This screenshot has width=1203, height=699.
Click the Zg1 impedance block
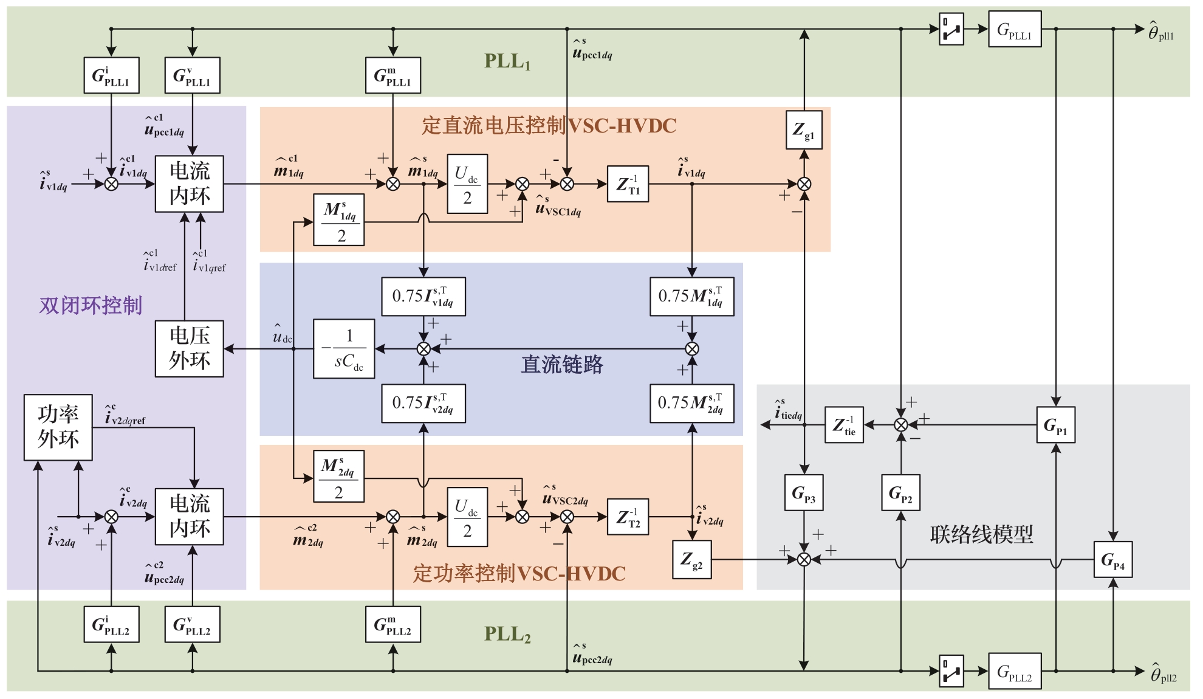coord(804,129)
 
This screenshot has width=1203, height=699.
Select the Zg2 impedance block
coord(692,559)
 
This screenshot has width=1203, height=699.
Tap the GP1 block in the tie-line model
coord(1055,425)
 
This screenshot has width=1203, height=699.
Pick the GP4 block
coord(1113,559)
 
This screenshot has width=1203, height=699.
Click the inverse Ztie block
coord(844,425)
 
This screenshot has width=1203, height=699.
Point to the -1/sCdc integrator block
coord(344,349)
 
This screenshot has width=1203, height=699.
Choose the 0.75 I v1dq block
coord(423,297)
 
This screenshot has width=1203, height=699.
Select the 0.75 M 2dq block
coord(691,403)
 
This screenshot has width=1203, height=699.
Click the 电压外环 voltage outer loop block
coord(190,349)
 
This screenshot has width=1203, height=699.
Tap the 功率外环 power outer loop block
coord(58,427)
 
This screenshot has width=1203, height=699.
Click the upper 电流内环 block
coord(190,184)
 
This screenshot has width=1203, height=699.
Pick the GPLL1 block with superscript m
coord(393,75)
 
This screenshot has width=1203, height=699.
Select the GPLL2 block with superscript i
coord(111,624)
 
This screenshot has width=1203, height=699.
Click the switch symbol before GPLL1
coord(951,29)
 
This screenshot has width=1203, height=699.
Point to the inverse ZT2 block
coord(628,517)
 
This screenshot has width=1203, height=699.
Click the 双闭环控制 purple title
coord(91,305)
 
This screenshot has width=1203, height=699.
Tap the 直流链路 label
coord(562,365)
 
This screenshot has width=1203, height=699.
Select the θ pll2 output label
coord(1163,673)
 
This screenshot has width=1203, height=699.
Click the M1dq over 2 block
coord(339,220)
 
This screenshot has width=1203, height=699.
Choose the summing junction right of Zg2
coord(804,559)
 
